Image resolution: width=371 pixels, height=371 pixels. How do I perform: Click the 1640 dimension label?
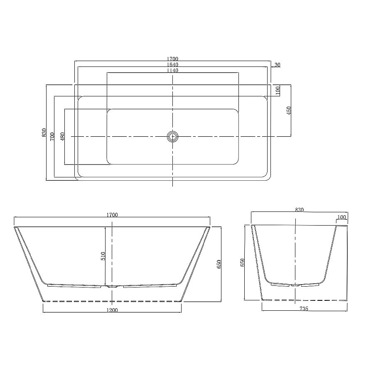[x=173, y=65]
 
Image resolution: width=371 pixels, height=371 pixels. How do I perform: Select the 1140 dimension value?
[x=173, y=71]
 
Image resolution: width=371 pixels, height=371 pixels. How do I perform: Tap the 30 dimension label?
[x=278, y=65]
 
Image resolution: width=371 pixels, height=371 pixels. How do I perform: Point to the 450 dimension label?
[x=289, y=110]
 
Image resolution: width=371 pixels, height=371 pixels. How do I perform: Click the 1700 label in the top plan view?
[x=173, y=59]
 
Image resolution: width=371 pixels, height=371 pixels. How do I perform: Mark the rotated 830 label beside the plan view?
[x=44, y=133]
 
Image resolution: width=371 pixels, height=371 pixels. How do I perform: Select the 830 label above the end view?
[x=299, y=210]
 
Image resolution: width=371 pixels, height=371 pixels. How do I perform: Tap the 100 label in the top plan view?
[x=278, y=89]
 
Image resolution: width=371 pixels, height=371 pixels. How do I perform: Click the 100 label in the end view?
[x=342, y=217]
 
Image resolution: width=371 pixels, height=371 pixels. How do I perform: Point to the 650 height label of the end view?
[x=243, y=263]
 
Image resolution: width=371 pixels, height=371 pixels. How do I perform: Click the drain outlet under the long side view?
[x=112, y=286]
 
